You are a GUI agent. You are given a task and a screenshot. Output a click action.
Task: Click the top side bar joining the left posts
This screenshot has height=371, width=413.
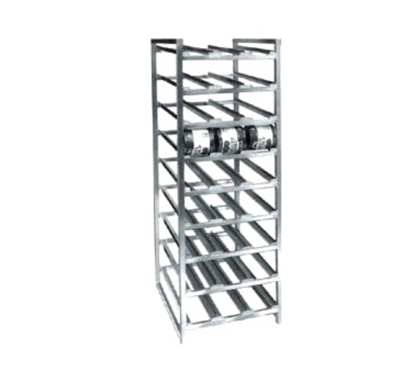165,39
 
